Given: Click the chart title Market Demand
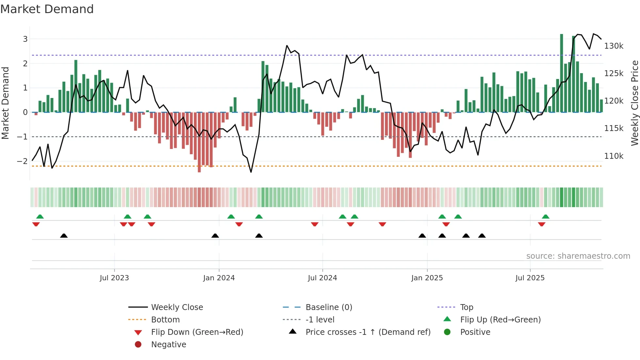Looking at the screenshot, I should pos(47,9).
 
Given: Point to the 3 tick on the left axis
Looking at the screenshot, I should pos(25,39).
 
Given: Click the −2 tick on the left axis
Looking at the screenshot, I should pos(22,161).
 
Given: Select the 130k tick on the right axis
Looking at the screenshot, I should pos(614,46).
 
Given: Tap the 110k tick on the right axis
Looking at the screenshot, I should pos(614,156).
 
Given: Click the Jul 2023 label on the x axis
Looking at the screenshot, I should pos(114,278).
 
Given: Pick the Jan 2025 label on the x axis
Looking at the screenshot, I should pos(427,278).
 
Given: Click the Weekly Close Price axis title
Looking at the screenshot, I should pos(634,103).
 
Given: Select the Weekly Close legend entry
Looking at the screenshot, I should pos(177,307).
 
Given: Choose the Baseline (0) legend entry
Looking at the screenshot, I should pos(328,307).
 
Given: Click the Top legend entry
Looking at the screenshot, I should pos(466,307).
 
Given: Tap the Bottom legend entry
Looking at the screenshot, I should pos(165,320).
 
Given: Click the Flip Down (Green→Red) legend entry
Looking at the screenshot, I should pos(197,332).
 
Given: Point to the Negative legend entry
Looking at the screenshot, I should pos(168,345).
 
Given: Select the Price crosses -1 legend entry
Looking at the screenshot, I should pos(368,332).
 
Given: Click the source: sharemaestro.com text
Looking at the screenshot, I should pos(578,256).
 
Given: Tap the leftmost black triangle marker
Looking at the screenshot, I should pos(64,236).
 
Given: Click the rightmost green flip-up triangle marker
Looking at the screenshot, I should pos(546,217).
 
